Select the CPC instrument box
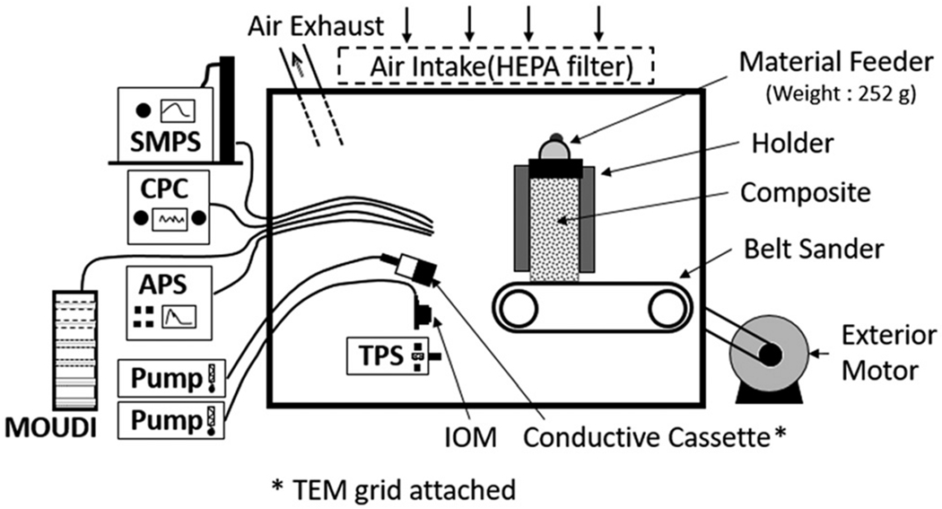coord(170,206)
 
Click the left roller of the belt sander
coord(519,311)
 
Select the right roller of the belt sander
coord(667,311)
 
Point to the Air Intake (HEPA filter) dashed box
coord(496,66)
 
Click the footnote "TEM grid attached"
coord(394,489)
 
